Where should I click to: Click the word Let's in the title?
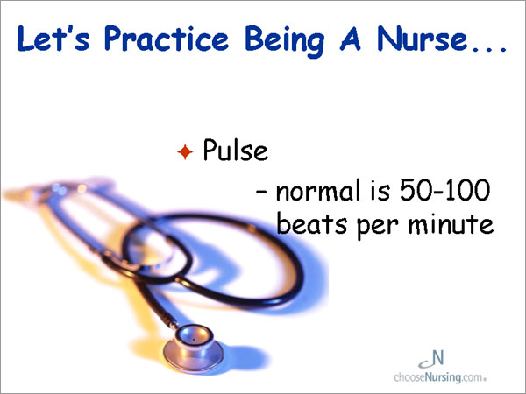point(53,39)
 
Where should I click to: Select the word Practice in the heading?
point(167,39)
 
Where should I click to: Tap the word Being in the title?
point(285,41)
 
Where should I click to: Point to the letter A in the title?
point(350,39)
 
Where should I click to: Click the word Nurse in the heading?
point(423,39)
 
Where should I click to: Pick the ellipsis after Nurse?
point(489,50)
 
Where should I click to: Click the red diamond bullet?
point(185,151)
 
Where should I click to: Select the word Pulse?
point(236,150)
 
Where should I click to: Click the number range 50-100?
point(445,190)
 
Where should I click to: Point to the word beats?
point(311,223)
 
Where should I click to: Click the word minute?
point(451,223)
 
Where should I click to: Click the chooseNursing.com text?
point(440,377)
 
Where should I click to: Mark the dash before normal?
point(261,192)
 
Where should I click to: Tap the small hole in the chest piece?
point(194,340)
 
